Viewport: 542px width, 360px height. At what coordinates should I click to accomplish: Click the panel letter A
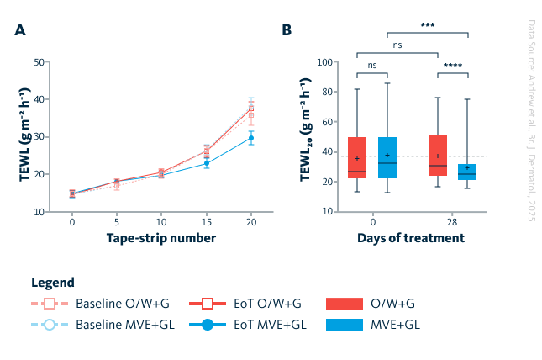[19, 30]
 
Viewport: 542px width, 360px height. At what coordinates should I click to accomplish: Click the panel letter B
[287, 30]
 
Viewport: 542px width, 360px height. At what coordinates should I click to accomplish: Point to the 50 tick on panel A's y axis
[39, 62]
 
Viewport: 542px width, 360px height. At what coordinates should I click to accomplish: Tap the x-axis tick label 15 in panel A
[207, 224]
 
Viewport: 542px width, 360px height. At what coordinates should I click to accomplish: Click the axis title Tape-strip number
[161, 238]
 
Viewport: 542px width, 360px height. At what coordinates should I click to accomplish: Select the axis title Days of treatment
[411, 238]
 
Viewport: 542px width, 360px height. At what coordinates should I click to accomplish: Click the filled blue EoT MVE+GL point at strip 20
[250, 138]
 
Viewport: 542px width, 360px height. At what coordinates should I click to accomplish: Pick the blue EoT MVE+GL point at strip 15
[207, 163]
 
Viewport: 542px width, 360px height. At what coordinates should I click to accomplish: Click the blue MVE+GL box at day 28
[467, 172]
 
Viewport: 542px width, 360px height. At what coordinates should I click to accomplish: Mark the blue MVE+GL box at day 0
[387, 157]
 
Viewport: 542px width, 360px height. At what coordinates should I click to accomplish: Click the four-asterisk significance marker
[453, 66]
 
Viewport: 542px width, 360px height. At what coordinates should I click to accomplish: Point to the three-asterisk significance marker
[427, 25]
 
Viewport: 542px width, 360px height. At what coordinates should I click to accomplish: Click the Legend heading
[53, 283]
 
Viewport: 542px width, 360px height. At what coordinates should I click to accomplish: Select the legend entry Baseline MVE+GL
[124, 324]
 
